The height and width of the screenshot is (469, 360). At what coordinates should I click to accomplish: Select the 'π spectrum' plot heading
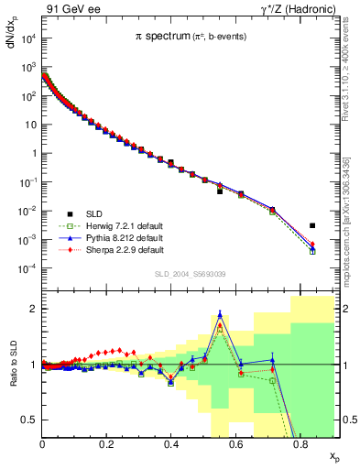(x=189, y=36)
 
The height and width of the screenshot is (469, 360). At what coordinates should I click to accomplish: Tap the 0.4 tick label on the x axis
(x=171, y=444)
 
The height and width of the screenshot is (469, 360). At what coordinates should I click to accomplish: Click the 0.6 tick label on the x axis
(x=235, y=444)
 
